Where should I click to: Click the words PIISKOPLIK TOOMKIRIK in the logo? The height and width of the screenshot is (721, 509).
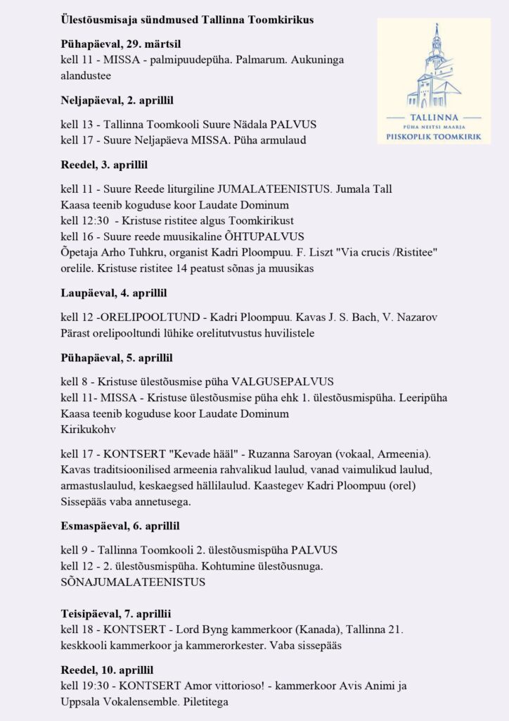pos(434,137)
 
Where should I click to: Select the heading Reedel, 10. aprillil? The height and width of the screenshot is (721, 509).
pos(107,670)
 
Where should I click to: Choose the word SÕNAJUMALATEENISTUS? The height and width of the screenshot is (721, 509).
pos(133,582)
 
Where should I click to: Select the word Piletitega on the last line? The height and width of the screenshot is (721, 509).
pos(204,702)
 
